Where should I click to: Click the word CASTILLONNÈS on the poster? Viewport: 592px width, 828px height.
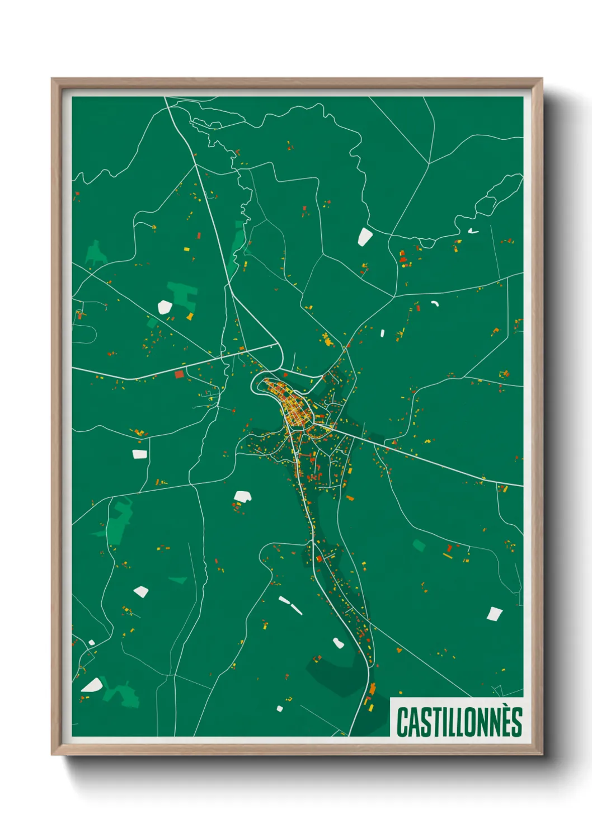point(459,722)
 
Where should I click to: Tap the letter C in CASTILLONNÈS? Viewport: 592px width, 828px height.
point(402,722)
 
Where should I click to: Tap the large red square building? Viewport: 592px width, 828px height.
point(179,374)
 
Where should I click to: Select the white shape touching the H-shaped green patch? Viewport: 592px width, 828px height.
point(165,307)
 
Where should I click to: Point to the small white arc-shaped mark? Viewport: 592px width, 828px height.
point(435,303)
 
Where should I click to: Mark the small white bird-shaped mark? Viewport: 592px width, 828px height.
point(473,230)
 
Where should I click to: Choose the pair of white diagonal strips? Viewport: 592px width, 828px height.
point(290,605)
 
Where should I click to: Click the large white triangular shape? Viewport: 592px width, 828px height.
point(92,685)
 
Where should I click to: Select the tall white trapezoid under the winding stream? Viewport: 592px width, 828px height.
point(365,236)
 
